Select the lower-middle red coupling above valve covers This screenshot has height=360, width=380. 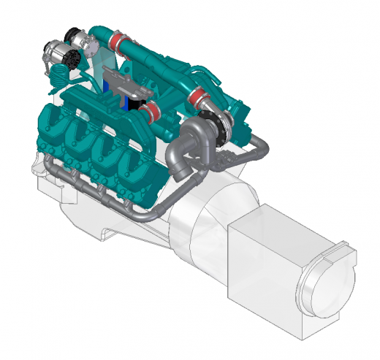(x=151, y=112)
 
